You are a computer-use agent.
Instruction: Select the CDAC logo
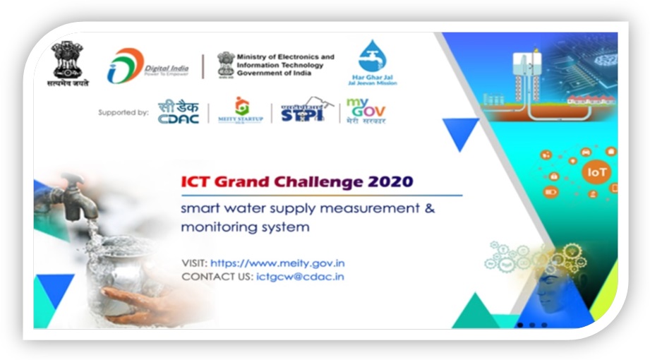pos(178,112)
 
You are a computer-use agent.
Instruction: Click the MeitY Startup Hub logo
pos(241,111)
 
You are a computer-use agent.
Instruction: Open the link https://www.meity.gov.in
pos(277,263)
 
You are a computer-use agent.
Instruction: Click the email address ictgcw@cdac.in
pos(300,277)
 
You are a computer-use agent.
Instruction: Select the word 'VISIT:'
pos(194,263)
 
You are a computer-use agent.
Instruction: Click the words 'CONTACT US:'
pos(216,277)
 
